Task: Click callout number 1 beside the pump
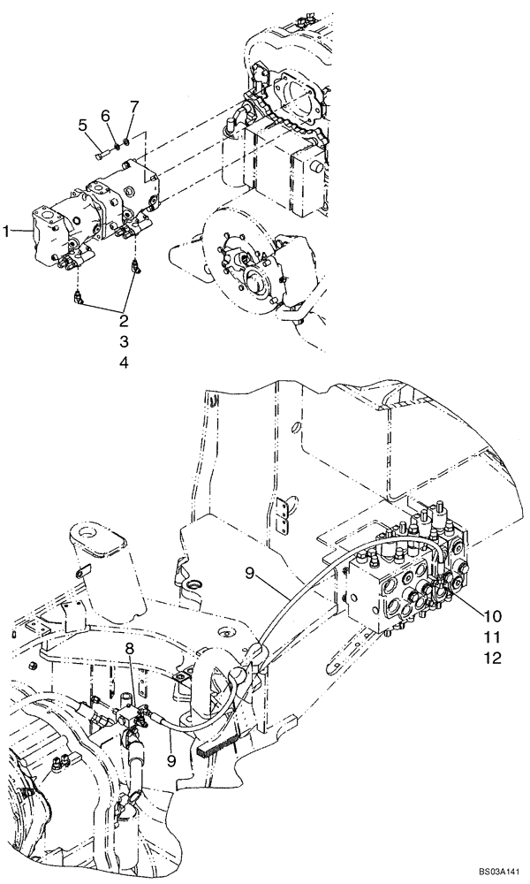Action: [6, 231]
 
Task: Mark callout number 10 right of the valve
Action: [492, 614]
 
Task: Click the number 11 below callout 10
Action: [492, 636]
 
